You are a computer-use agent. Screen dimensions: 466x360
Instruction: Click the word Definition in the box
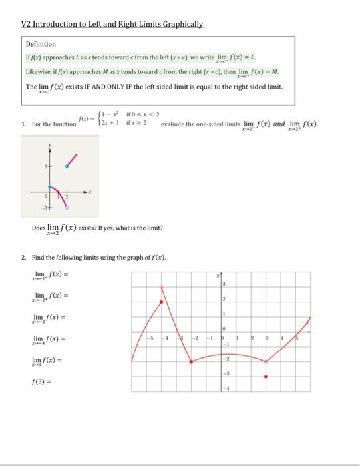tap(41, 44)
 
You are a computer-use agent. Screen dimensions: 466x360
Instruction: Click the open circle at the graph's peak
tap(162, 287)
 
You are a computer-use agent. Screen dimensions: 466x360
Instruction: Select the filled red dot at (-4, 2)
tap(162, 302)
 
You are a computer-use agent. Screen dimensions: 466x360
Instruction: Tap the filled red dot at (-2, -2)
tap(192, 361)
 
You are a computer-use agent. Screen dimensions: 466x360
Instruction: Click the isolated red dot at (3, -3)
tap(267, 376)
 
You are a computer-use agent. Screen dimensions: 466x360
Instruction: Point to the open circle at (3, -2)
tap(267, 361)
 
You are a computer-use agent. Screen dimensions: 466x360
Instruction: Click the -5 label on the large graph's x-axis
tap(150, 338)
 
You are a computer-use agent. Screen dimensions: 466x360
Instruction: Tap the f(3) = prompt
tap(43, 382)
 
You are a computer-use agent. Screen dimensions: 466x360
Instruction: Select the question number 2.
tap(23, 256)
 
